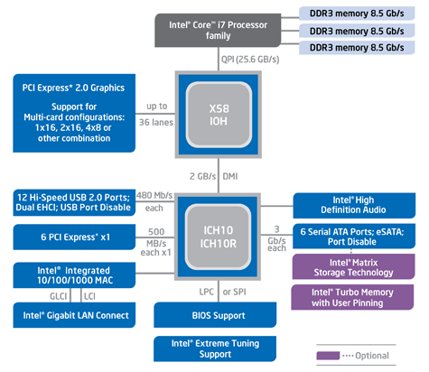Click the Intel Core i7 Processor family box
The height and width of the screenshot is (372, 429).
218,30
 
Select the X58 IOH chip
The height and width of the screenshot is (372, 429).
219,115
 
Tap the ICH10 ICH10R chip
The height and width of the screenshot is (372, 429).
218,237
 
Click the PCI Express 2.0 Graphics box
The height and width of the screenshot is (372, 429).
74,113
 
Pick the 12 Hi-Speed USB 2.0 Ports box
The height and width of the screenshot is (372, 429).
74,202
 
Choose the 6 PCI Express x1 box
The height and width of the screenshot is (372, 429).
74,237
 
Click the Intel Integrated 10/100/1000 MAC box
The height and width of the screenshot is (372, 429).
74,275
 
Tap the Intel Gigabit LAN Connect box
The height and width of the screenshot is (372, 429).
74,315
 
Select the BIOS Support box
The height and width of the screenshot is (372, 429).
215,315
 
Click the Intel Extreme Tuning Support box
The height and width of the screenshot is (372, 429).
215,349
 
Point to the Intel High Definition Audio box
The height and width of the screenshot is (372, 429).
354,206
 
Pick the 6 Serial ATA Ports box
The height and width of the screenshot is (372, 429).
354,237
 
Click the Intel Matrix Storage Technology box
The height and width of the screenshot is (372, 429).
353,266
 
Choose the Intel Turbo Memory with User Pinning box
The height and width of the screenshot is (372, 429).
352,297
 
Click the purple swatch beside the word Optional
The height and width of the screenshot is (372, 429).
328,356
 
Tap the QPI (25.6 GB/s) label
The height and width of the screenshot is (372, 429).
250,60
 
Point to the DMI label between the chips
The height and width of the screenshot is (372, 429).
230,176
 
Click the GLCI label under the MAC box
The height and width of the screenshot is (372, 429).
58,296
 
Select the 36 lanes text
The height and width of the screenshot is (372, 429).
156,123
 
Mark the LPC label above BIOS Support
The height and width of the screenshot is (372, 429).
207,292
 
